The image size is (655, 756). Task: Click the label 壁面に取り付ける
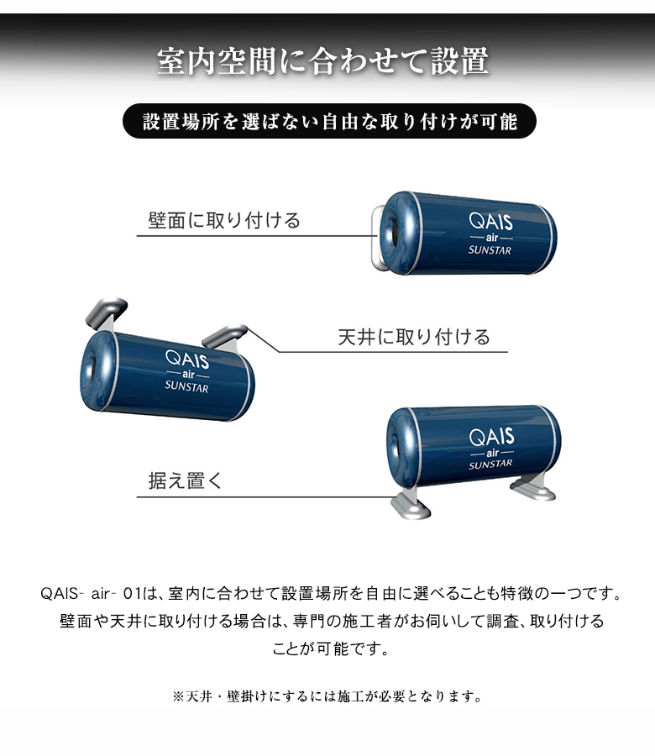(224, 221)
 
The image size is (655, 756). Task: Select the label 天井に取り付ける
(413, 338)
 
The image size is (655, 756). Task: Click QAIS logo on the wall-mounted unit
(492, 222)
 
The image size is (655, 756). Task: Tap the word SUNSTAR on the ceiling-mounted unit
(186, 387)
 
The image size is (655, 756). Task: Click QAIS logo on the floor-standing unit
(491, 438)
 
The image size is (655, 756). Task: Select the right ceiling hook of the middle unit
(228, 337)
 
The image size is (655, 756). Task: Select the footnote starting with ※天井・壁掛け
(327, 696)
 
